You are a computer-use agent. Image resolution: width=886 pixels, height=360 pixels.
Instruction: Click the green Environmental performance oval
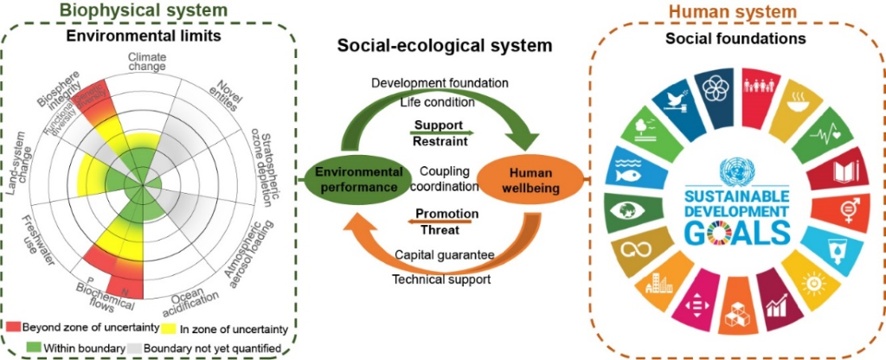click(x=356, y=178)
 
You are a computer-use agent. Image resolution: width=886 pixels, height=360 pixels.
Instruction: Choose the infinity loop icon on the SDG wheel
click(x=630, y=251)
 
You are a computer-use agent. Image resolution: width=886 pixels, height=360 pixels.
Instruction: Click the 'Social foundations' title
click(x=736, y=39)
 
